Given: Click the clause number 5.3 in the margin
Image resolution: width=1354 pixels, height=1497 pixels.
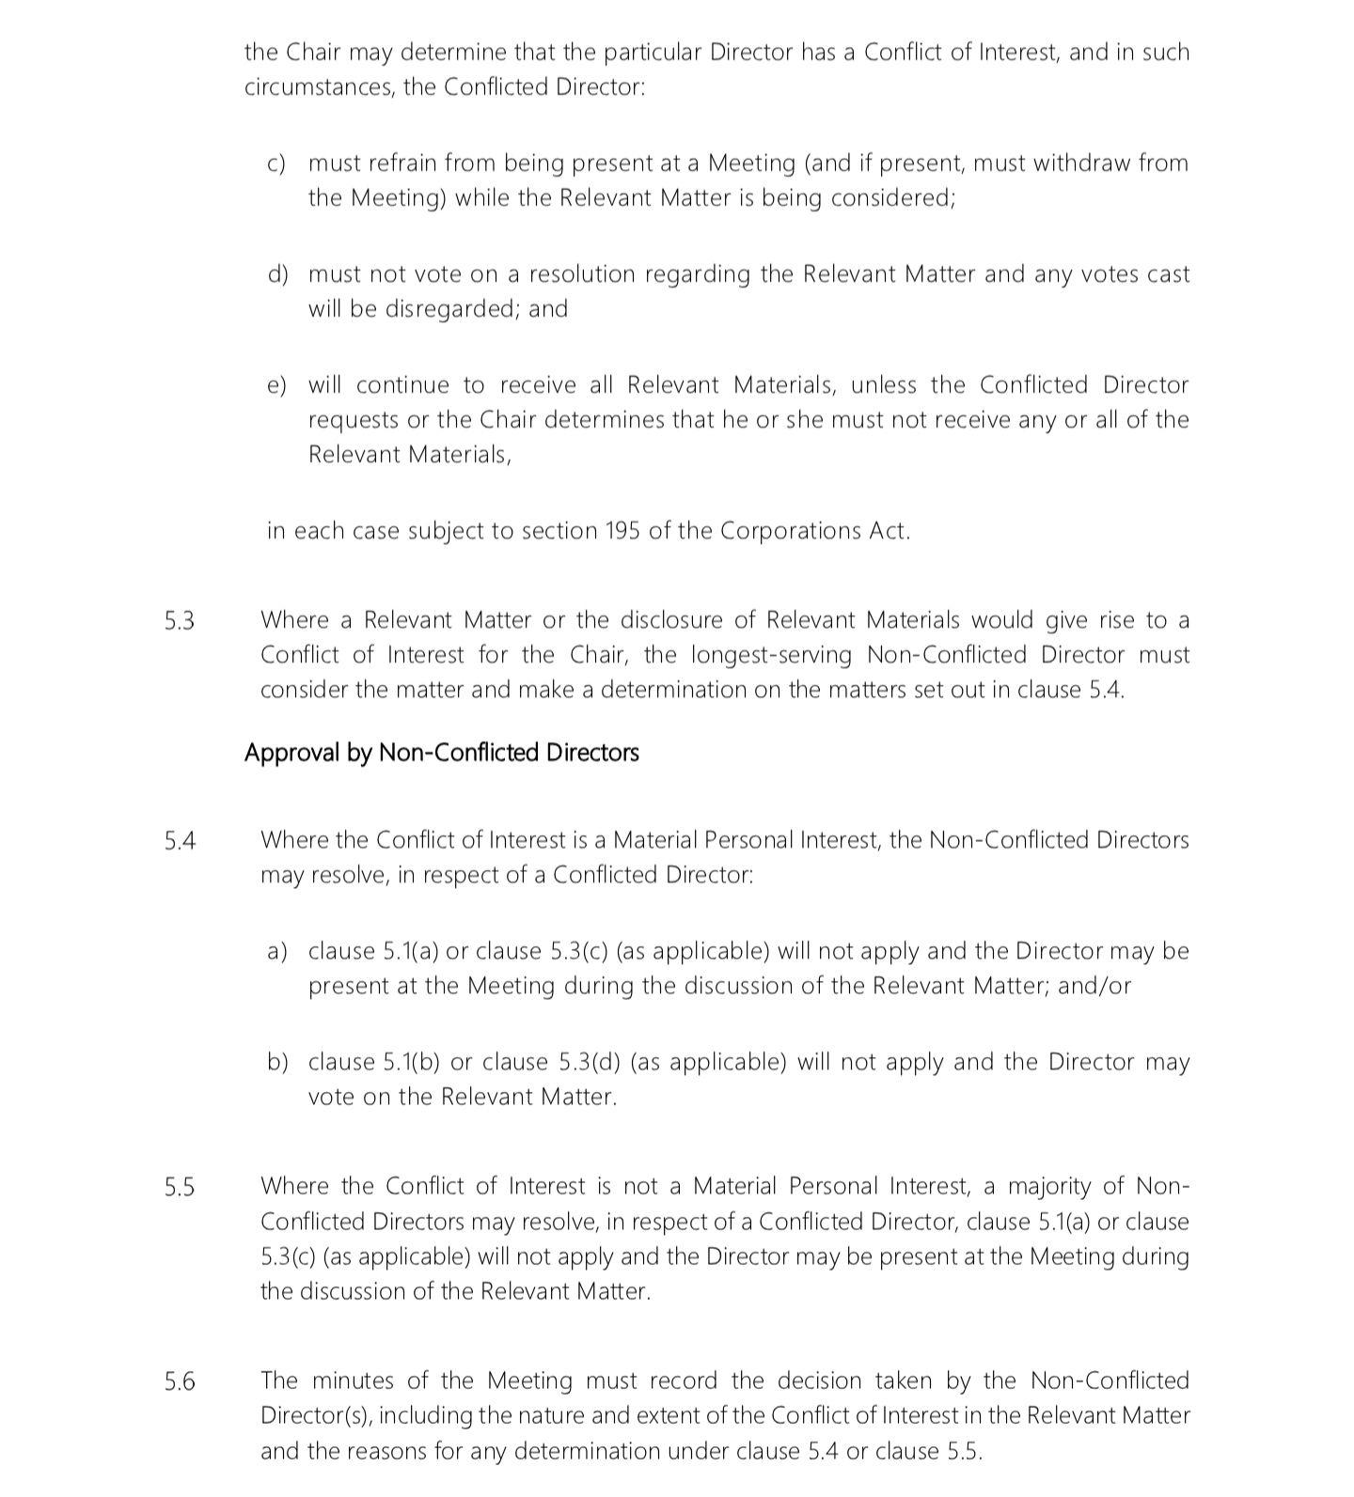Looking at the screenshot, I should pos(180,621).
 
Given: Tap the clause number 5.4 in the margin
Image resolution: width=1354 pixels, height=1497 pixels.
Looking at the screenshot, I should pos(180,841).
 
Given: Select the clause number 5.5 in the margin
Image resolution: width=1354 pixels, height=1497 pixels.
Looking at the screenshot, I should pos(180,1188).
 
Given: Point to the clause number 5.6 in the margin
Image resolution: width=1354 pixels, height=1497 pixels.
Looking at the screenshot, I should pos(180,1382).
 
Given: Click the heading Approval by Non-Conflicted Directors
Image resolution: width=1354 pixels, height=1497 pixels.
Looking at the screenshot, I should pos(441,753).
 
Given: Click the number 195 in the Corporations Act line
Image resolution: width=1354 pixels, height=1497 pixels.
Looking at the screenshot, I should pos(622,531).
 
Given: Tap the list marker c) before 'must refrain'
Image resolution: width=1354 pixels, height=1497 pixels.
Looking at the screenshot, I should pos(276,164).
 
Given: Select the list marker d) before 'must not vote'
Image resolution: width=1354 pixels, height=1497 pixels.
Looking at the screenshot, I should pos(277,274).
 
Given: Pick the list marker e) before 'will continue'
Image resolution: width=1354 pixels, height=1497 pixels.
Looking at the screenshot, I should pos(276,385).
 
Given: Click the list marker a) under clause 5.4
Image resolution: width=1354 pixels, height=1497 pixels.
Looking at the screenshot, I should pos(277,951).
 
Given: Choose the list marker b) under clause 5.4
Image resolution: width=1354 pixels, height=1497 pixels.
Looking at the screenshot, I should pos(277,1062).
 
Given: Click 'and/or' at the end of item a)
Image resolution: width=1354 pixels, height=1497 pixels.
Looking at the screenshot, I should pos(1094,986).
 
